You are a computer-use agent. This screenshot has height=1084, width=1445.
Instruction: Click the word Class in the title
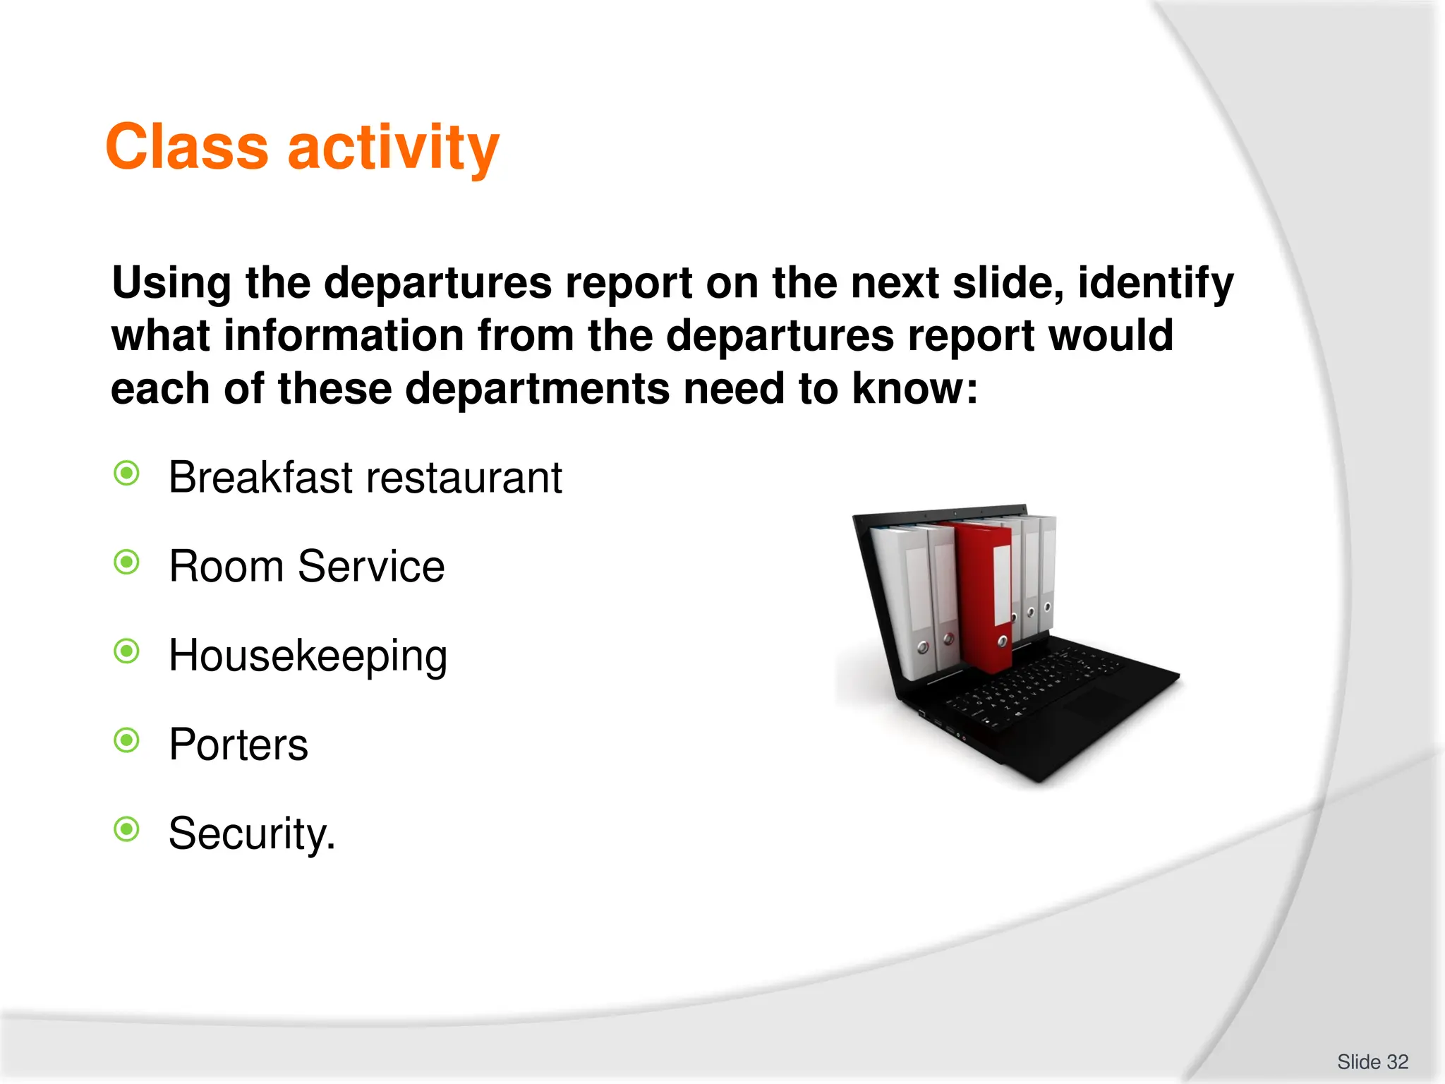(187, 147)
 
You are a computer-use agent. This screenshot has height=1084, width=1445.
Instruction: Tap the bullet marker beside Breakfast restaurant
(127, 474)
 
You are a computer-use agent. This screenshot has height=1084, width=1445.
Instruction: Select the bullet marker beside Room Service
(127, 562)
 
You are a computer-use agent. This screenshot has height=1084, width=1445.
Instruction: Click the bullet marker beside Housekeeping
(127, 651)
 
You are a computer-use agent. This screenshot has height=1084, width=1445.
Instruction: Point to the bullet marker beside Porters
(127, 740)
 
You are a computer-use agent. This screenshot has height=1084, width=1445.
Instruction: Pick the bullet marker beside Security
(127, 829)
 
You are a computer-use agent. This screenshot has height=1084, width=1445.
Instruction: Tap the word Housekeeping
(308, 656)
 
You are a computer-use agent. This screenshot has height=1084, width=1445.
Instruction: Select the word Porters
(238, 745)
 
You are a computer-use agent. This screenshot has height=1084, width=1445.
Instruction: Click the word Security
(251, 834)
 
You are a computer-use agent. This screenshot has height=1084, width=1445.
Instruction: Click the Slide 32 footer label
(1372, 1061)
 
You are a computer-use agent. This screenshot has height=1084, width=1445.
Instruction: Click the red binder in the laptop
(981, 593)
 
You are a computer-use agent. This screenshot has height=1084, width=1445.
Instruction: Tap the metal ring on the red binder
(1002, 642)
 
